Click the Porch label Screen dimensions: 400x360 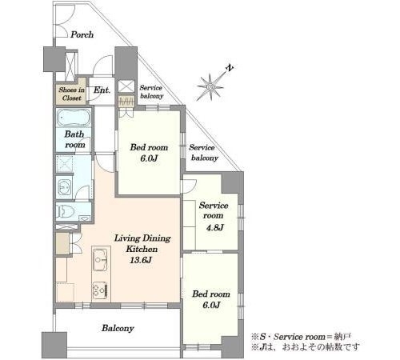click(x=82, y=34)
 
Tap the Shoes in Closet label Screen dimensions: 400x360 click(x=72, y=94)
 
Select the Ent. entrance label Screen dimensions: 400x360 click(x=102, y=90)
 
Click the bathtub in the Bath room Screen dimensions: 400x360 click(x=74, y=118)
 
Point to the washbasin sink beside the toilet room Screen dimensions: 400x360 click(x=64, y=186)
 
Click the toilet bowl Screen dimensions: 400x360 click(x=66, y=212)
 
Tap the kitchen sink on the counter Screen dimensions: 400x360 click(x=100, y=259)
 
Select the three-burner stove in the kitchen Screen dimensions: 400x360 click(x=100, y=291)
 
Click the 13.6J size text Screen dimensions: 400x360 click(x=141, y=260)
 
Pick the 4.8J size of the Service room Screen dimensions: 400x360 click(x=214, y=227)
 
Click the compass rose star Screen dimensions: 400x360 click(x=210, y=87)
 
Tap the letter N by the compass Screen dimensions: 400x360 click(x=230, y=68)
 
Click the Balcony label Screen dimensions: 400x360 click(x=118, y=328)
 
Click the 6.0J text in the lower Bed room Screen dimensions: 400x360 click(x=211, y=305)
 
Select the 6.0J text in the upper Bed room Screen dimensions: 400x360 click(x=149, y=158)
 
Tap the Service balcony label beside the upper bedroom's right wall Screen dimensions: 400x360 click(x=203, y=153)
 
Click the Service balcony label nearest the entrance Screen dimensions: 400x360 click(x=151, y=92)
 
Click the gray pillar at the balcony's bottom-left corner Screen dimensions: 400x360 click(x=54, y=345)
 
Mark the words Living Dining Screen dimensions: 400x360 click(x=142, y=238)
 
